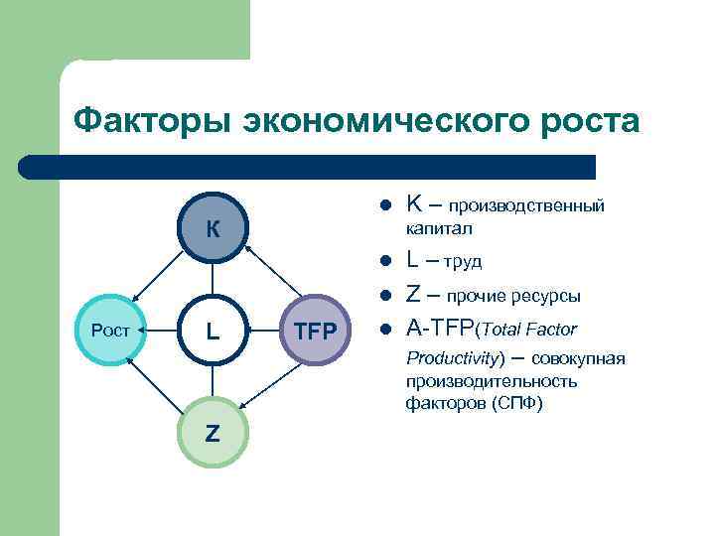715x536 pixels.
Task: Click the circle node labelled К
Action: [x=213, y=228]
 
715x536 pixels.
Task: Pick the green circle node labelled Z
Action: [x=213, y=433]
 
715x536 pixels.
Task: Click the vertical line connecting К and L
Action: [x=213, y=280]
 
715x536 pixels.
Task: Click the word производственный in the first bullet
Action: [x=526, y=207]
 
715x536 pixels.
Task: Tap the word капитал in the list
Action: [x=439, y=228]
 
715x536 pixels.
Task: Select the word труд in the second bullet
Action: [x=463, y=263]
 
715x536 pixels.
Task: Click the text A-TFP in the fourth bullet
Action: [x=441, y=329]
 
